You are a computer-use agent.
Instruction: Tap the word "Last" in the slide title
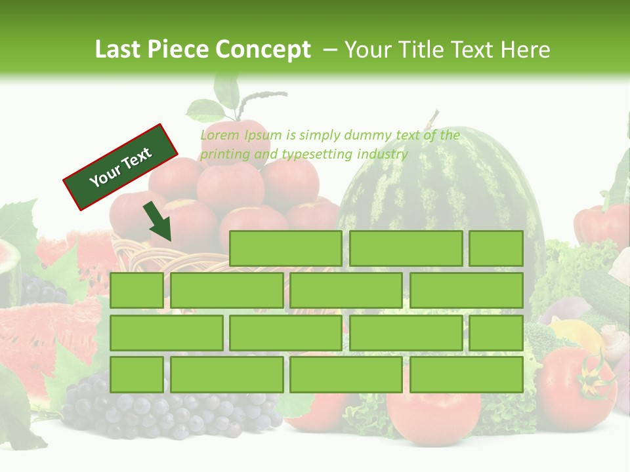pyautogui.click(x=117, y=50)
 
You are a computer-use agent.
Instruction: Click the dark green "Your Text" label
pyautogui.click(x=121, y=167)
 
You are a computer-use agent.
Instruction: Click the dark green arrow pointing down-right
pyautogui.click(x=158, y=222)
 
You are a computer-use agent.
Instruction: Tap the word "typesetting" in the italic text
pyautogui.click(x=318, y=155)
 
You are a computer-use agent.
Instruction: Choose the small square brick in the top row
pyautogui.click(x=496, y=248)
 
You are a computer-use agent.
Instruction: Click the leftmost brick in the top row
pyautogui.click(x=285, y=248)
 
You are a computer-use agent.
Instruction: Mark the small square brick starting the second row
pyautogui.click(x=136, y=290)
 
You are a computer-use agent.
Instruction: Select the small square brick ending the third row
pyautogui.click(x=496, y=332)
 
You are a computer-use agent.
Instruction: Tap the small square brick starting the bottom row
pyautogui.click(x=136, y=374)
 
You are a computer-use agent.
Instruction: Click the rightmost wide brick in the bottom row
pyautogui.click(x=466, y=374)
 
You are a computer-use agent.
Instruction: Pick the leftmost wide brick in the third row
pyautogui.click(x=166, y=332)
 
